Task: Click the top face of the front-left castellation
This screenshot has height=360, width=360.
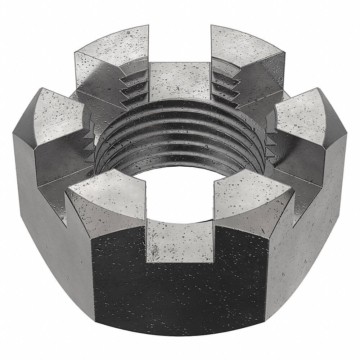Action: pyautogui.click(x=108, y=191)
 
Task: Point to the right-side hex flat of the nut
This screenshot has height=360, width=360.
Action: pyautogui.click(x=310, y=234)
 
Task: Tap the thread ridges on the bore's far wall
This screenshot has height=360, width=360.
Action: pyautogui.click(x=180, y=130)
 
